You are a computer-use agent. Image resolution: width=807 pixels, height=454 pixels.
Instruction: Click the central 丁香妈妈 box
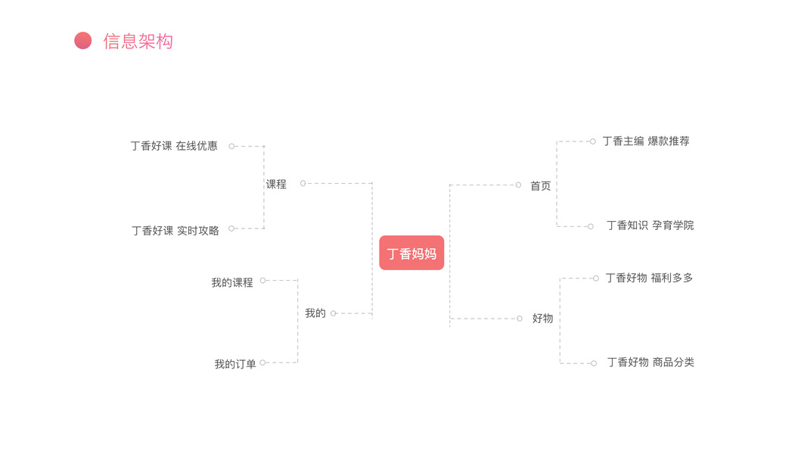click(x=411, y=253)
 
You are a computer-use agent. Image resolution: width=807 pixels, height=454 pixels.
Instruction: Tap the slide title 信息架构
click(x=138, y=41)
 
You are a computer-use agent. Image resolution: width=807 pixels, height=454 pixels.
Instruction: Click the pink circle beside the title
click(x=83, y=41)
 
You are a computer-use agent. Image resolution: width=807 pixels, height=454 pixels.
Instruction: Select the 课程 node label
click(x=276, y=184)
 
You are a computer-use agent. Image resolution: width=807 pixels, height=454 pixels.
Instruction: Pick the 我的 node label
click(x=315, y=313)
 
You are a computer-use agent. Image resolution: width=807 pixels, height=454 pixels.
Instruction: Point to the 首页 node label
click(x=541, y=185)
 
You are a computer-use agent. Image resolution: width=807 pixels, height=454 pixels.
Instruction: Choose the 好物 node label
click(x=542, y=319)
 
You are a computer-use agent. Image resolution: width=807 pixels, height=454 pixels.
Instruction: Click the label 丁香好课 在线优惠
click(x=174, y=146)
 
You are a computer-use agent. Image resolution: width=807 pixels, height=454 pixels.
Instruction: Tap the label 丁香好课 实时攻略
click(x=175, y=231)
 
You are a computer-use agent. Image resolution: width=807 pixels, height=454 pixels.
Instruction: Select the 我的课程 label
click(x=232, y=283)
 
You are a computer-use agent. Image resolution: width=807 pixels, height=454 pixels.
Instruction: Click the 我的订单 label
click(x=235, y=365)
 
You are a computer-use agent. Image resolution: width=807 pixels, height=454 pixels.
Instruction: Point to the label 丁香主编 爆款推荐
click(x=646, y=141)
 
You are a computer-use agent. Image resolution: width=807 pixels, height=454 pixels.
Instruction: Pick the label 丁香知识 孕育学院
click(x=650, y=225)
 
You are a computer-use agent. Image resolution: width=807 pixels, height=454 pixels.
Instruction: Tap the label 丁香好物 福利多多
click(x=649, y=278)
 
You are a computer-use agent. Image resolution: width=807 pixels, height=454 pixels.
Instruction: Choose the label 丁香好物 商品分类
click(x=650, y=362)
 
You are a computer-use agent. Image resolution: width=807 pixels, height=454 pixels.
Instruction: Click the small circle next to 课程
click(x=303, y=183)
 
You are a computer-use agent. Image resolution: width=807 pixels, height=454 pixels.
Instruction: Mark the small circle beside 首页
click(x=518, y=185)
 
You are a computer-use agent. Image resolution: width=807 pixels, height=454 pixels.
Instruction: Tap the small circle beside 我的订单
click(x=262, y=362)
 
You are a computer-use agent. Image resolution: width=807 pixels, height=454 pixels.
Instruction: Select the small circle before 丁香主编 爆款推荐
click(x=593, y=141)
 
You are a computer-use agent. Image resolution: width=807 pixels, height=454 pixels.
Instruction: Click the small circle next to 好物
click(x=520, y=319)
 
